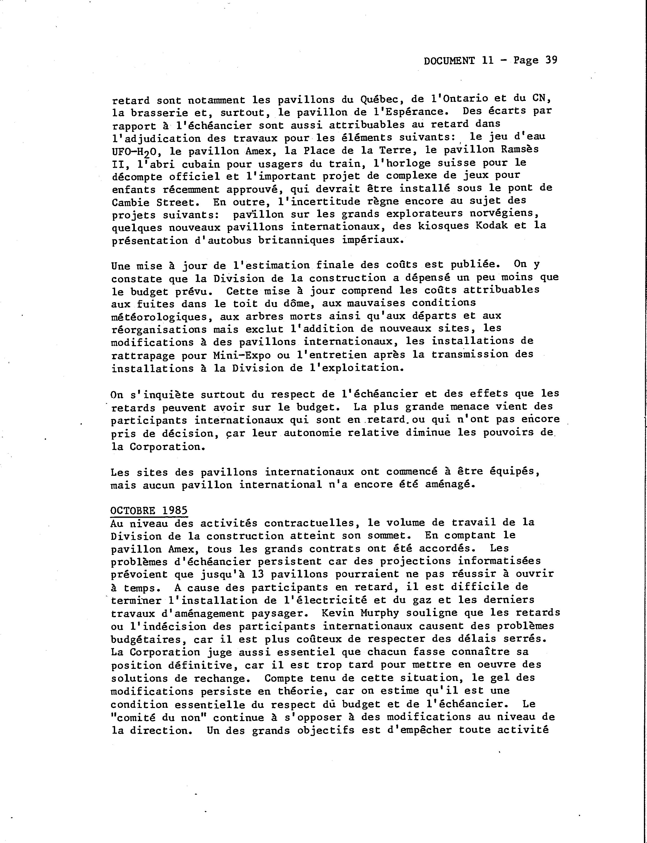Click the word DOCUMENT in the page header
pyautogui.click(x=449, y=61)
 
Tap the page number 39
pyautogui.click(x=551, y=60)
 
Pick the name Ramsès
pyautogui.click(x=519, y=150)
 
